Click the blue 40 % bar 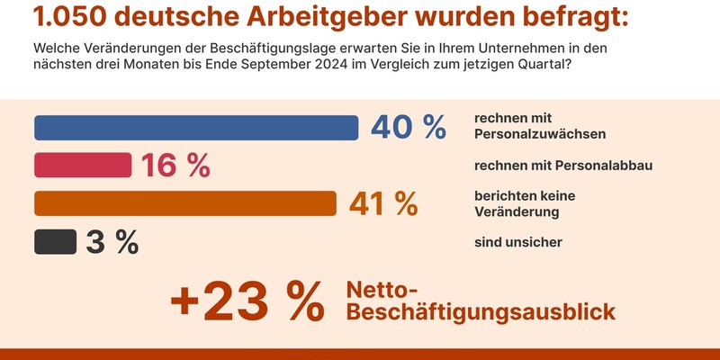point(196,128)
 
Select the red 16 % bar point(83,166)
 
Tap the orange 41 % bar point(184,203)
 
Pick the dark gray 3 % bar point(55,242)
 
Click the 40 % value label point(409,128)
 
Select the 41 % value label point(383,203)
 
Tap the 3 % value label point(112,242)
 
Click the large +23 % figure point(246,301)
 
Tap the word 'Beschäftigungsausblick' point(481,311)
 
